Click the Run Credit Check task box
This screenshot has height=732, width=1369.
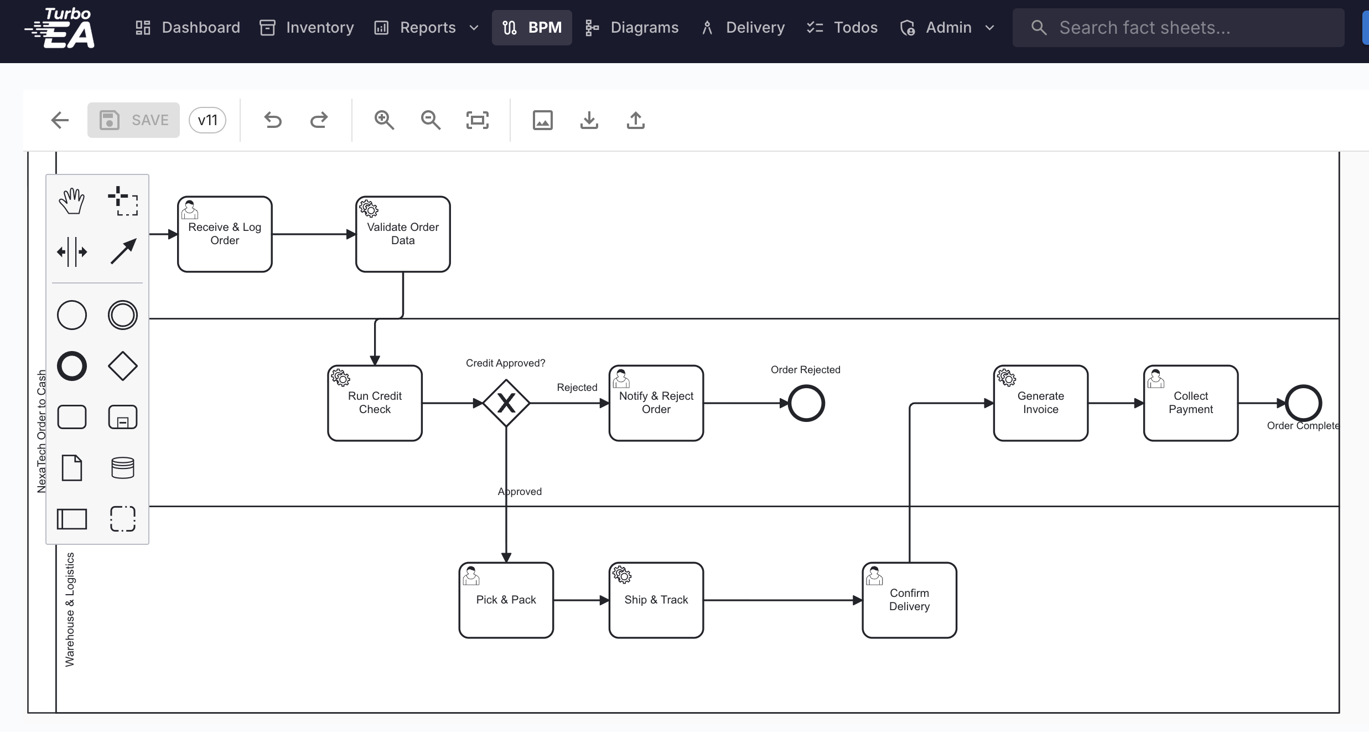pos(375,403)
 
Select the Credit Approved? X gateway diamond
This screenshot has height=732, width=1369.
pos(506,403)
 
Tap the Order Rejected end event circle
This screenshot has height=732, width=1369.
pos(806,403)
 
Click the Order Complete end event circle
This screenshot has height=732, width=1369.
pos(1303,403)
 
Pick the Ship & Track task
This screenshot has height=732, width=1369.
pos(656,600)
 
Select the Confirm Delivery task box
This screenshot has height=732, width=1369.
pos(909,600)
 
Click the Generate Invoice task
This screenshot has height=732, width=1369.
pos(1040,403)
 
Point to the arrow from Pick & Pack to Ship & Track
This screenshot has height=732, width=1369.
pos(580,600)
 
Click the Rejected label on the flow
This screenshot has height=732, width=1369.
pos(577,388)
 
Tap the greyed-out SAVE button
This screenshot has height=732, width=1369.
pos(133,120)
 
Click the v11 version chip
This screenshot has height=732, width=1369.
pos(208,120)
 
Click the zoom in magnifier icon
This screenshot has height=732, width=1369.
pos(384,120)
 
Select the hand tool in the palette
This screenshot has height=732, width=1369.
pos(72,201)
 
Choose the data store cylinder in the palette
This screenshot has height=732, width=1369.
pos(122,468)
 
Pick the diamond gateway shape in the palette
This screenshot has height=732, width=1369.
pos(122,366)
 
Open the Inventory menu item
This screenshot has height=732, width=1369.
pos(307,28)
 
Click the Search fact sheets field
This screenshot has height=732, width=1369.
pos(1179,28)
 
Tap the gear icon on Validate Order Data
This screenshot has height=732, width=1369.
pos(369,209)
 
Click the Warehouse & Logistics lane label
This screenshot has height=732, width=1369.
pos(70,609)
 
